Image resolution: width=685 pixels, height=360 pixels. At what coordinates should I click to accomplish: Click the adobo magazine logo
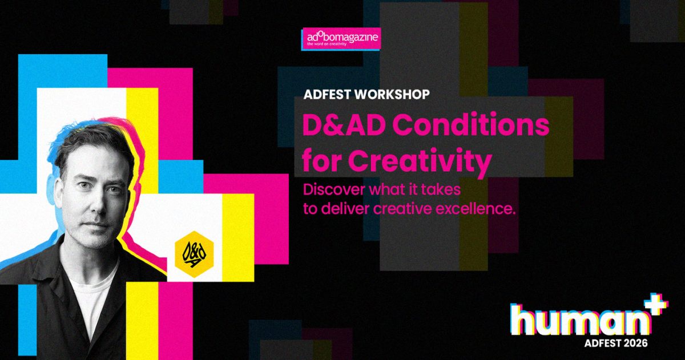pos(341,39)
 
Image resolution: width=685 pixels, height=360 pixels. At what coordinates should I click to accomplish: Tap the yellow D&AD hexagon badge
pos(194,254)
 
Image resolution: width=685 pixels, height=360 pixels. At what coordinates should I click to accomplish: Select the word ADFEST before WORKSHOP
pos(327,95)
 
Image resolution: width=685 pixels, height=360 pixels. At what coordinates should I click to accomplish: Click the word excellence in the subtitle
pos(473,209)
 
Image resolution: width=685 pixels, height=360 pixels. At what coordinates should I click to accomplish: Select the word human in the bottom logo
pos(580,320)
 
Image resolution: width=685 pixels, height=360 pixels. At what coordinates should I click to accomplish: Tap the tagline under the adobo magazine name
pos(327,44)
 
